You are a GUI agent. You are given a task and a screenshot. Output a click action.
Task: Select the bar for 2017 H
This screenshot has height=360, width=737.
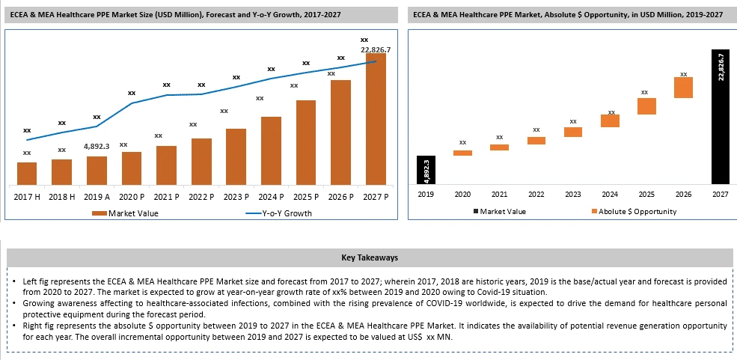[27, 173]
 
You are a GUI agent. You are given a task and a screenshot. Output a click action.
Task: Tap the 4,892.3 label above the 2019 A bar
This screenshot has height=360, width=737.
[97, 146]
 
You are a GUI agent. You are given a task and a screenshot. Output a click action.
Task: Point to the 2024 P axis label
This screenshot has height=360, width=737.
[271, 196]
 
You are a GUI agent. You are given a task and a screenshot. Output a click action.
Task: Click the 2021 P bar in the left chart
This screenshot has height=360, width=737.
[166, 165]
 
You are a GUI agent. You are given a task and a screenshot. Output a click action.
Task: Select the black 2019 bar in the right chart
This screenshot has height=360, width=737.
[426, 169]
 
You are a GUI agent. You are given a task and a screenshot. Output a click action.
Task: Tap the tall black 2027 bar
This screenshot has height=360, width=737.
[720, 116]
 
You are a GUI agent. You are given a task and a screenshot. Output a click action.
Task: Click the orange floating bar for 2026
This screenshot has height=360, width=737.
[683, 88]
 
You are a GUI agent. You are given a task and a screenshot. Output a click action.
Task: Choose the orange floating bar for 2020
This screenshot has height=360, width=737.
[462, 153]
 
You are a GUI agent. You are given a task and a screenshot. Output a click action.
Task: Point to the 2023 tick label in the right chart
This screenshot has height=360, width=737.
[572, 194]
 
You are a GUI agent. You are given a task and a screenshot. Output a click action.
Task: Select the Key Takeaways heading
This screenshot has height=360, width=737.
[369, 257]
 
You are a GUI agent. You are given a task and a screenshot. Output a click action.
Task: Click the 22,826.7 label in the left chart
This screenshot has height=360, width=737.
[376, 49]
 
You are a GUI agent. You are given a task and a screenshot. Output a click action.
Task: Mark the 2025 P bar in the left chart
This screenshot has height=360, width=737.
[306, 142]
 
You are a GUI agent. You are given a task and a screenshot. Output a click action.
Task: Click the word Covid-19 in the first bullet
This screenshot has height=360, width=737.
[492, 292]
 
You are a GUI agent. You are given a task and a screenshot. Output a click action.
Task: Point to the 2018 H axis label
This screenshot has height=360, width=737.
[62, 196]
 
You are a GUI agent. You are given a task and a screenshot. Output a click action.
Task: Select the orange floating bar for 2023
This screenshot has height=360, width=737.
[573, 132]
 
